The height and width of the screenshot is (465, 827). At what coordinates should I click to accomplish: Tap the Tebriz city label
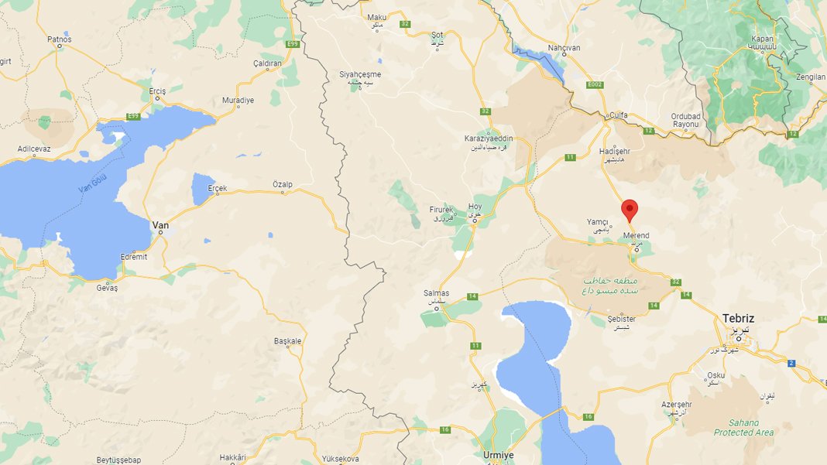click(738, 318)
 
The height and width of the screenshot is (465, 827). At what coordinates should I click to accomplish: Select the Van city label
click(160, 225)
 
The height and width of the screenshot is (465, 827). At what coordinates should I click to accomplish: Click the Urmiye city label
click(498, 455)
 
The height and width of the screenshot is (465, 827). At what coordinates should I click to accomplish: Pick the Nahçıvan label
click(564, 48)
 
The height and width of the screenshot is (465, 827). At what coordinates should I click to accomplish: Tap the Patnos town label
click(59, 39)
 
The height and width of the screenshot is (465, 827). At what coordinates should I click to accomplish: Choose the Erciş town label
click(157, 91)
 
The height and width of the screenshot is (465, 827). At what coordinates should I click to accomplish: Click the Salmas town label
click(437, 293)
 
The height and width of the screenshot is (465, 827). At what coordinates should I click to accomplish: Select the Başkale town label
click(287, 340)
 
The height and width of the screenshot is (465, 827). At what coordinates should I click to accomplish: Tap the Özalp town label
click(283, 184)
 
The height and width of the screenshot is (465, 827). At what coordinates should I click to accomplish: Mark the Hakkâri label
click(232, 457)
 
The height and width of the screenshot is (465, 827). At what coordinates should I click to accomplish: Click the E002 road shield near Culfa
click(595, 84)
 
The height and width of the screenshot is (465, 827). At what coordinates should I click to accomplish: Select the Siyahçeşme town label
click(360, 74)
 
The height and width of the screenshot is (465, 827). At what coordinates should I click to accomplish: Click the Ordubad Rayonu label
click(686, 121)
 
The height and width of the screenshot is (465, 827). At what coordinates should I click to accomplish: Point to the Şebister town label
click(622, 319)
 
